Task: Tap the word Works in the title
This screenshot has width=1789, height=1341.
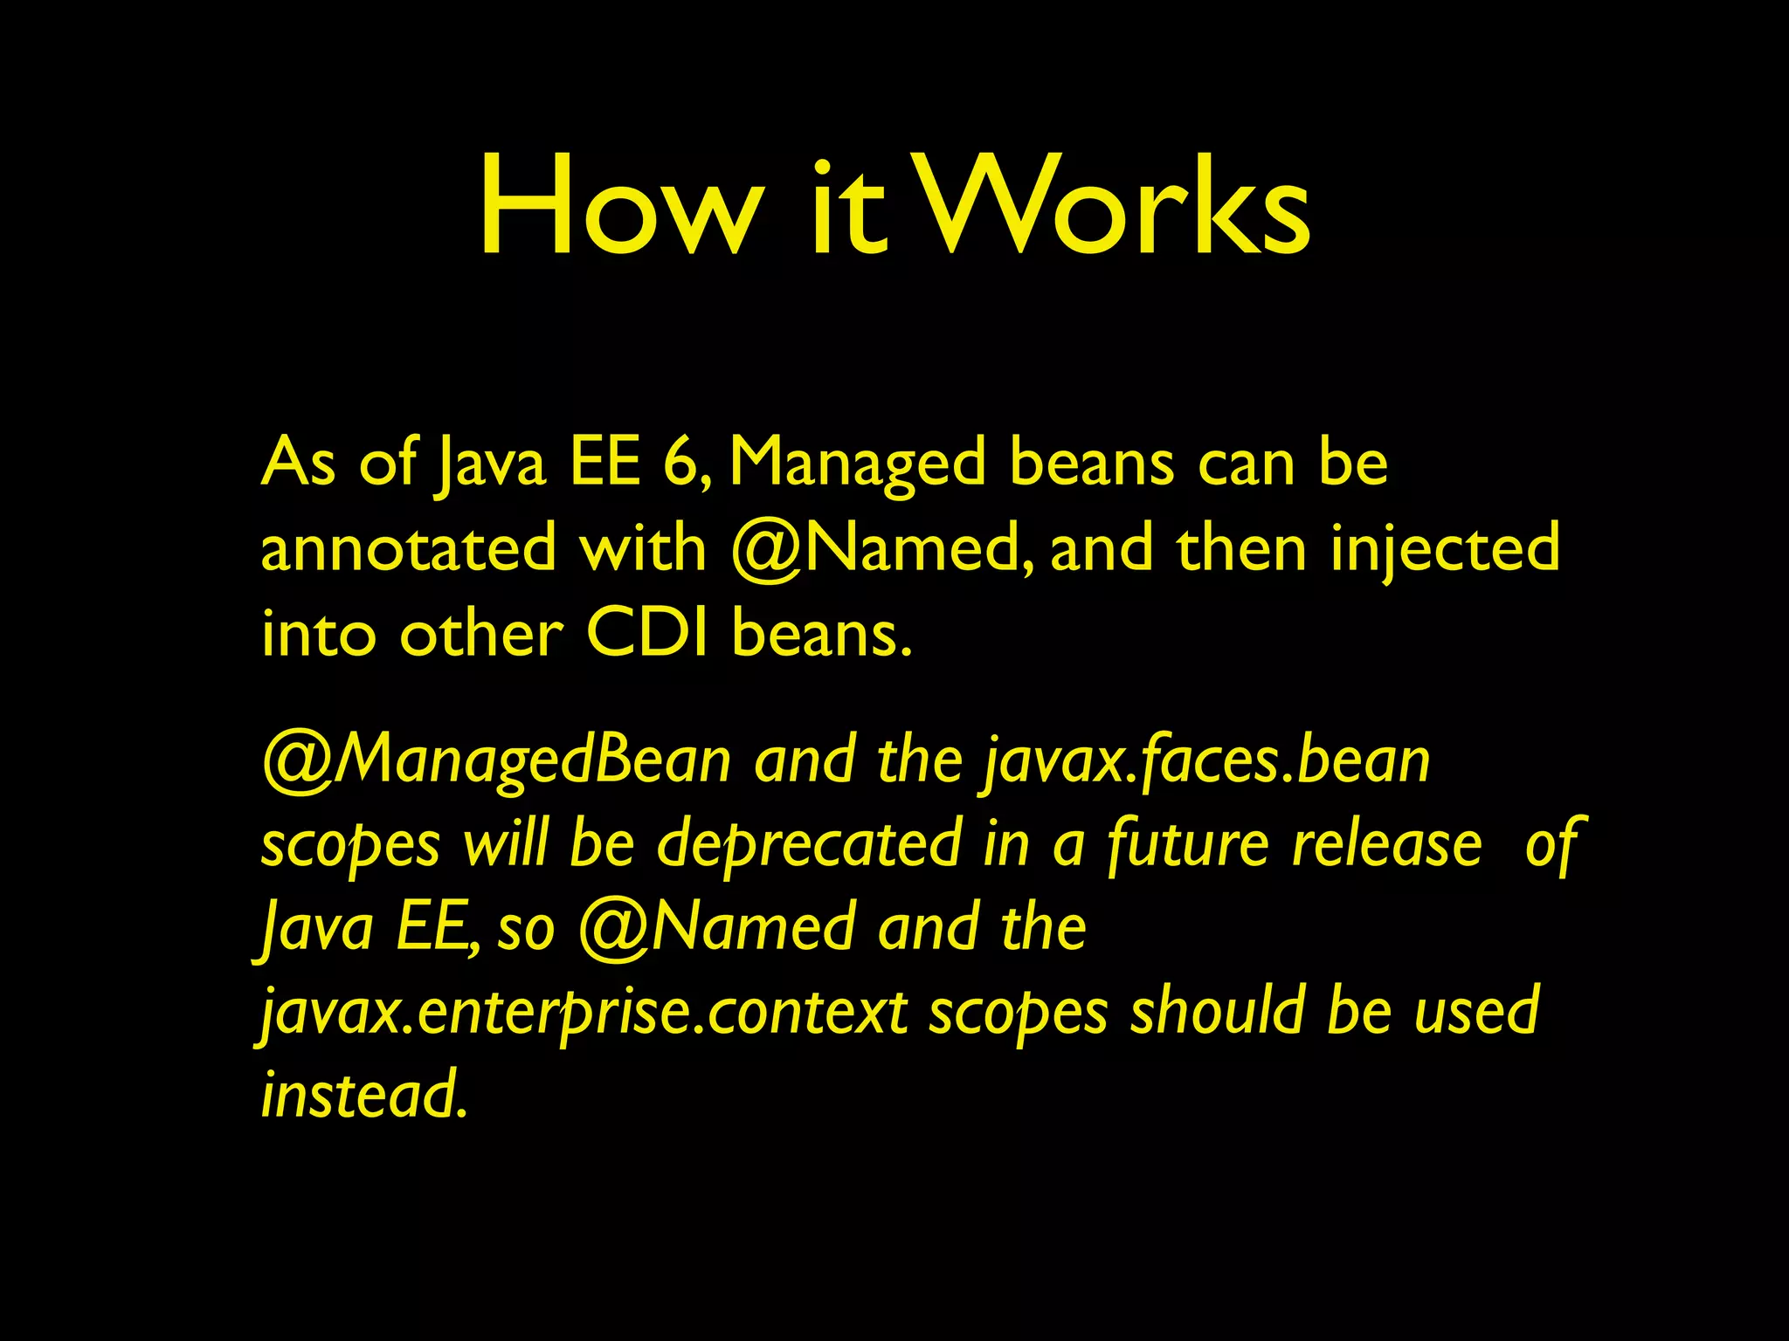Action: point(1113,208)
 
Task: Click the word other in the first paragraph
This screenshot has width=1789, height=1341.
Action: point(481,633)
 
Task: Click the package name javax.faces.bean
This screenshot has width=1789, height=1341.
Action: point(1205,761)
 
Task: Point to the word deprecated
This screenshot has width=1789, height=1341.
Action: point(808,845)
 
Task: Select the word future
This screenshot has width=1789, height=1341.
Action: point(1187,845)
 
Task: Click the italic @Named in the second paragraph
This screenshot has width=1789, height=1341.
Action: point(716,927)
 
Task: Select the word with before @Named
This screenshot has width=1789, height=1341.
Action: point(643,548)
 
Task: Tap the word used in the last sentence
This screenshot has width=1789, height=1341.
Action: point(1475,1011)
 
